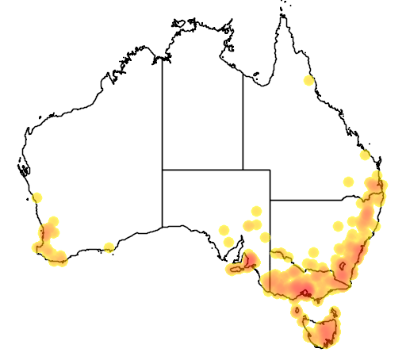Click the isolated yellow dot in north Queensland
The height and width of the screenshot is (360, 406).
(x=308, y=80)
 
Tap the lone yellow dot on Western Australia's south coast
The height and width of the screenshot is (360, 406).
(x=109, y=247)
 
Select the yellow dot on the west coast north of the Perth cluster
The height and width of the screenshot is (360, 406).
(x=36, y=197)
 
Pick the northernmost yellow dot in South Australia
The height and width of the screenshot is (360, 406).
(x=256, y=211)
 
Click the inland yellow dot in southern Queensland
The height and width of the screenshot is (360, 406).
(x=347, y=182)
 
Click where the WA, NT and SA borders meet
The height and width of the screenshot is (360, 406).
(x=163, y=169)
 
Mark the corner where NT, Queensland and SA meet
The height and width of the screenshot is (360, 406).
(x=243, y=169)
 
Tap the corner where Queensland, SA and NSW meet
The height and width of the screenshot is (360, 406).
(x=270, y=200)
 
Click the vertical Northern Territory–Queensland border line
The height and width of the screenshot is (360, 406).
(x=243, y=119)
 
